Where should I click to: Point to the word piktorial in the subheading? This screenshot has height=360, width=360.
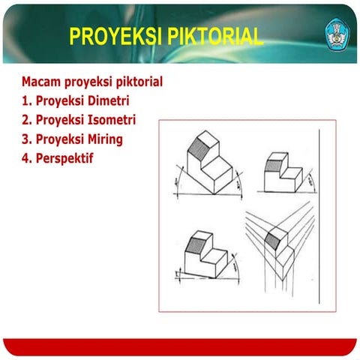136,81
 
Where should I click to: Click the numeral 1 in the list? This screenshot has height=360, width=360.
25,100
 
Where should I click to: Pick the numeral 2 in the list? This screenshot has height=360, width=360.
25,120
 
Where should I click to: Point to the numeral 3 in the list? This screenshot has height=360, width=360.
25,139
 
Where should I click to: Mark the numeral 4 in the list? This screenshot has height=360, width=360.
25,159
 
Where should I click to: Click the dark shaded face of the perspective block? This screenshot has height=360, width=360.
271,240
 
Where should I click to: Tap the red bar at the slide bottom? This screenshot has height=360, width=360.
180,346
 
